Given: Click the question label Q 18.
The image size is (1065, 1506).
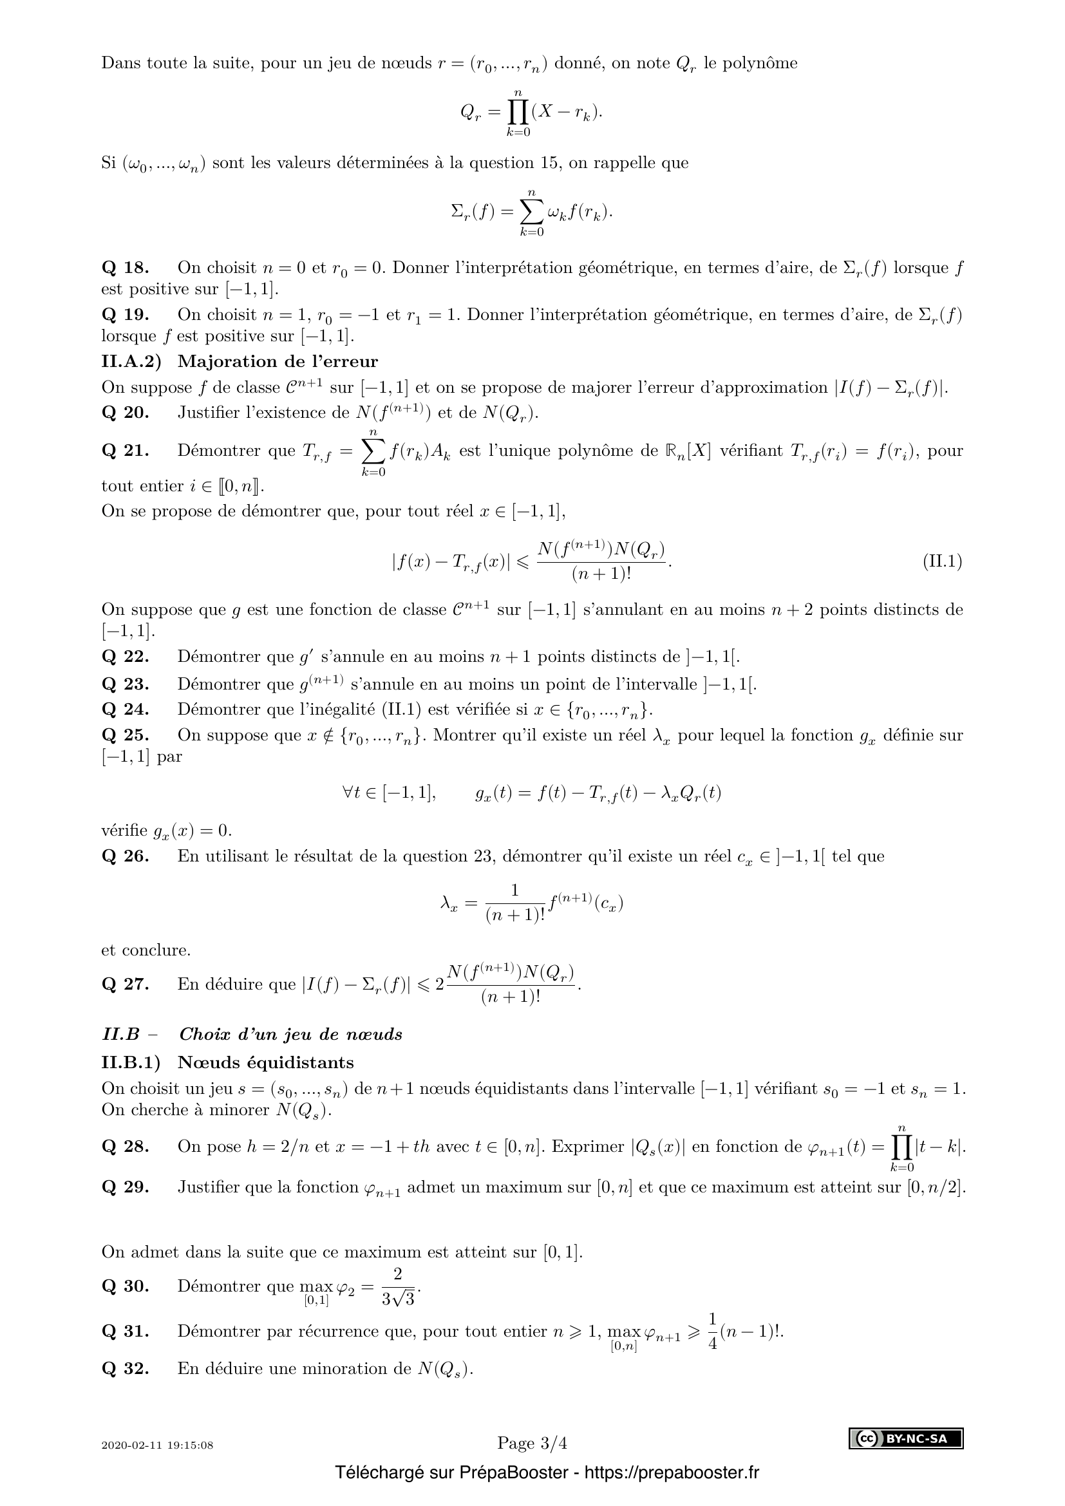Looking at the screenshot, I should pos(126,268).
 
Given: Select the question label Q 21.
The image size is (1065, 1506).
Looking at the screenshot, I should pos(126,451).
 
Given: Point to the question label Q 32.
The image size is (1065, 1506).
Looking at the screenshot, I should pos(126,1369).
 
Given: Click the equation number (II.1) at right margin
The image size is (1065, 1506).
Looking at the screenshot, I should pos(943,561).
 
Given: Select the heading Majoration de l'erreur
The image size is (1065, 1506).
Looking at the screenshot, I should pos(278,361).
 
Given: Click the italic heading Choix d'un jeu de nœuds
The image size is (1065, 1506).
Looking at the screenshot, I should pos(290,1035).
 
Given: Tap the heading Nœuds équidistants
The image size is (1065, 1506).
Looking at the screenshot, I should pos(265,1062).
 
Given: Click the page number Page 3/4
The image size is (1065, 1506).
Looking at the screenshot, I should pos(532,1443).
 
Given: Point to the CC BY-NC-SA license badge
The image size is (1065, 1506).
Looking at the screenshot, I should pos(907,1438).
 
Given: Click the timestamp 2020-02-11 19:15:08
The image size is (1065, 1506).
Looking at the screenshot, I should pos(157,1445).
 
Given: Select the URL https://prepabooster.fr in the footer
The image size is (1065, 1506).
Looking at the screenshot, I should pos(671,1473).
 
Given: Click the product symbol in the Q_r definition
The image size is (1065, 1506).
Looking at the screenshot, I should pos(518,113).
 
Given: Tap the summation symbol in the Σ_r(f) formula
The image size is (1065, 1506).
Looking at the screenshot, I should pos(532,211).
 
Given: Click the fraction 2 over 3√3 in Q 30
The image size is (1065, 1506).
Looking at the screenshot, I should pos(398,1287).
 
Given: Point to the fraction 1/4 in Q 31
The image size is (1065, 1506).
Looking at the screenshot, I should pos(712,1332).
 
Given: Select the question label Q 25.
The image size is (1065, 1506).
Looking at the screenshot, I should pos(126,735).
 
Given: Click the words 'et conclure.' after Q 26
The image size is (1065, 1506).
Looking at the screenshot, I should pos(146,950).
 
